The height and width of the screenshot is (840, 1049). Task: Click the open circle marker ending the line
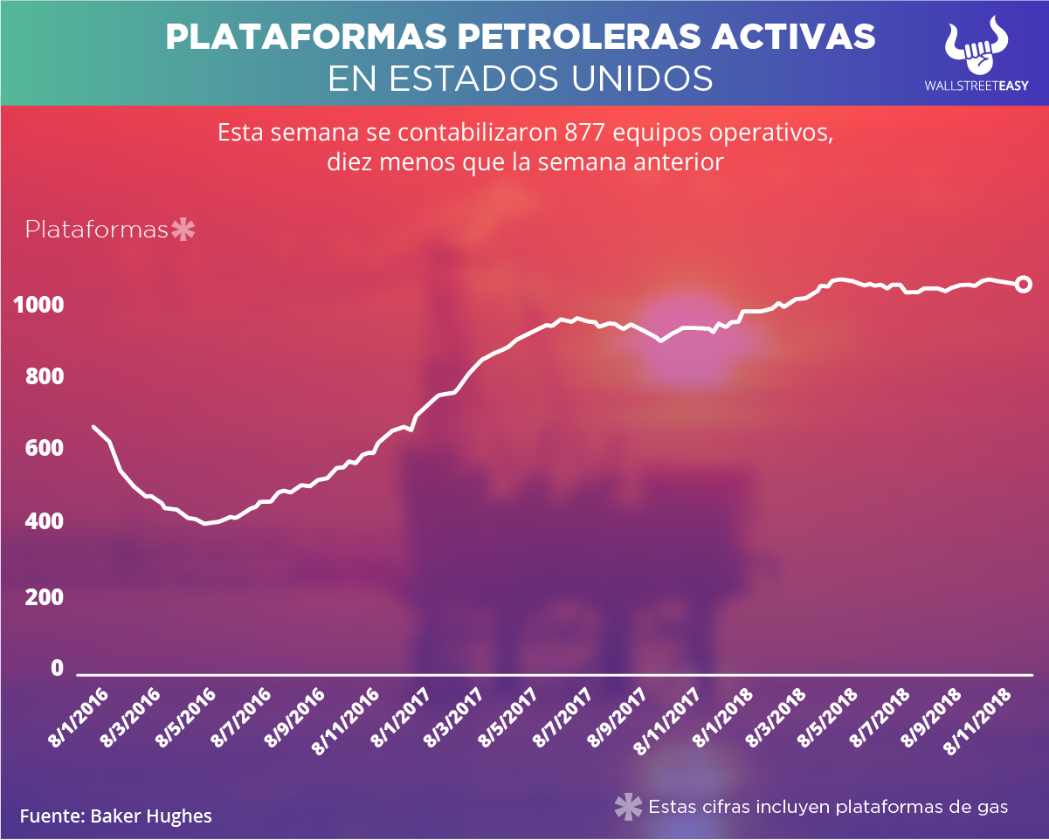point(1024,285)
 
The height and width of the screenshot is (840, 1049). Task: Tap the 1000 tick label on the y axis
point(38,306)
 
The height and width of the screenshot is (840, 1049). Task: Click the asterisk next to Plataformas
point(183,230)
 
